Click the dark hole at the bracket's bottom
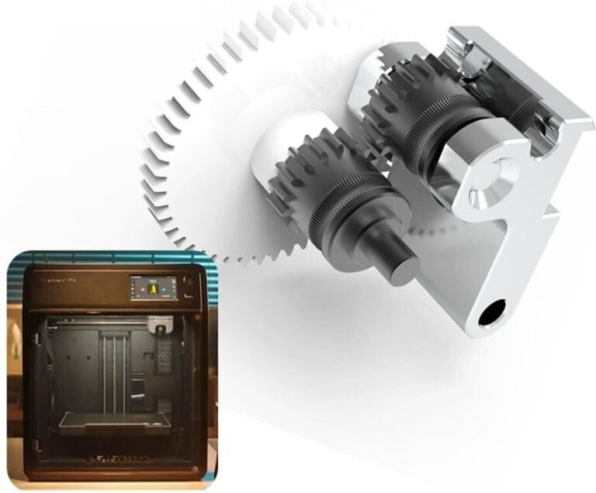[491, 314]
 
